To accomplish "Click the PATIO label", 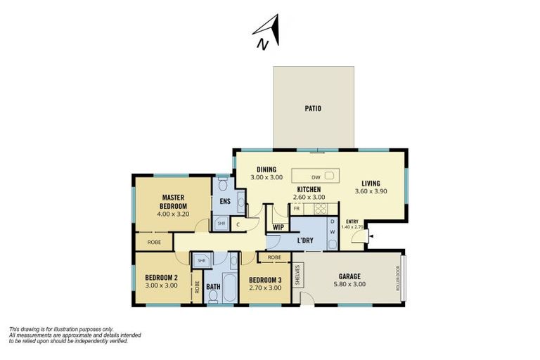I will click(x=313, y=109).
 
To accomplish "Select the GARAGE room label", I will click(x=348, y=276).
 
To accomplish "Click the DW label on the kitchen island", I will click(x=316, y=177).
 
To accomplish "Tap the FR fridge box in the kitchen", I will click(x=297, y=209).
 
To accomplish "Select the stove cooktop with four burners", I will click(x=320, y=209).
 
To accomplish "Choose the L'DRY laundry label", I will click(x=305, y=240).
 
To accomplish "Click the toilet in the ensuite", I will click(x=222, y=185).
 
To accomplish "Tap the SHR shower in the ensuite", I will click(x=221, y=224).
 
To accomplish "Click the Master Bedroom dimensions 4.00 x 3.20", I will click(x=173, y=214).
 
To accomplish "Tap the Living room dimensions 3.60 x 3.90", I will click(x=371, y=191).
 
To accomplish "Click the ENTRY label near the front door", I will click(x=352, y=222).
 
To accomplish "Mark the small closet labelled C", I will click(x=238, y=224).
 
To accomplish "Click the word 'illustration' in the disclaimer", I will click(x=76, y=329).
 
